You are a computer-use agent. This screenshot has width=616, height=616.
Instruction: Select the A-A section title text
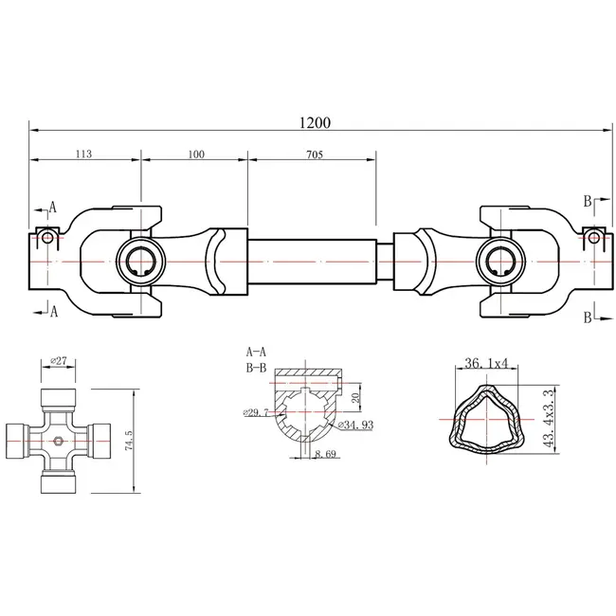[255, 351]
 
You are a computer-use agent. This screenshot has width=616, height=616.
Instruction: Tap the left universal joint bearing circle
[139, 262]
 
